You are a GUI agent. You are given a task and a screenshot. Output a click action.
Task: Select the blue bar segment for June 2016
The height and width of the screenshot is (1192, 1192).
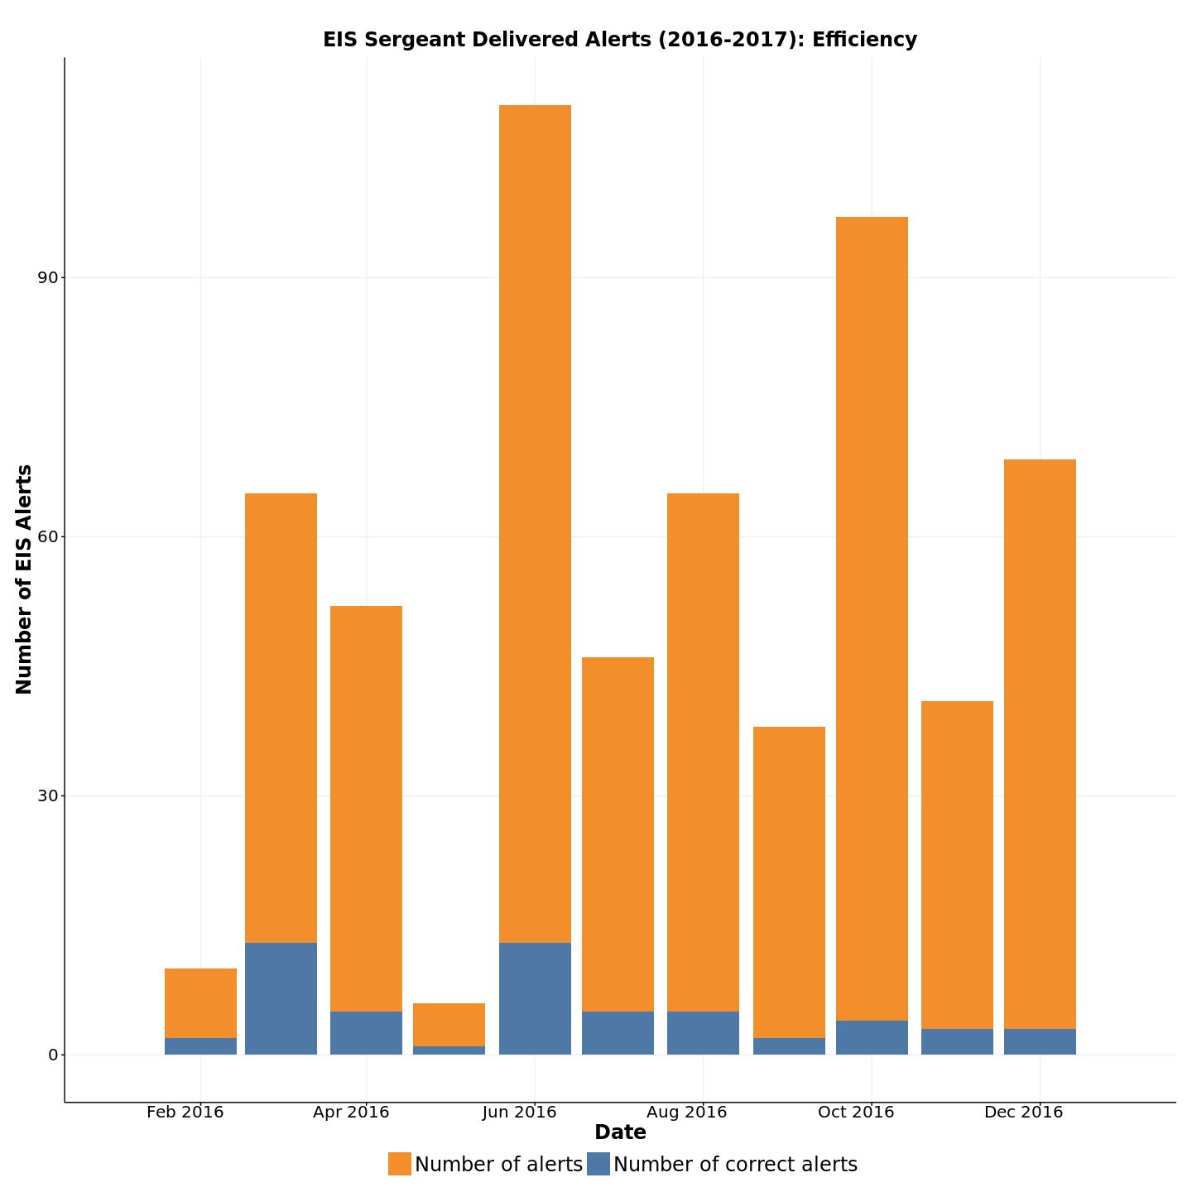coord(535,998)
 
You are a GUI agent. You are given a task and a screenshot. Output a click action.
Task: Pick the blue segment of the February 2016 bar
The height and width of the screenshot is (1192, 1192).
coord(200,1046)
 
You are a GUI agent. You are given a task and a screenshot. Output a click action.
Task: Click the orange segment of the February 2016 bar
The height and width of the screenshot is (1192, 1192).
coord(200,1003)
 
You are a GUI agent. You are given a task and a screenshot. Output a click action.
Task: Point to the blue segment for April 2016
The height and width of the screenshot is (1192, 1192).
coord(366,1033)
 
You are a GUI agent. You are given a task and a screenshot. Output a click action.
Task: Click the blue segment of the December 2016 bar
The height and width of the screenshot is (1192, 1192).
coord(1040,1041)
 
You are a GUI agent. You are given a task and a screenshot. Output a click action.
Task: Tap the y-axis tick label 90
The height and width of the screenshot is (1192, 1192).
coord(47,277)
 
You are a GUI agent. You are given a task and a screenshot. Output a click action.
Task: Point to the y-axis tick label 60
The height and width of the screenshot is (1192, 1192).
coord(47,536)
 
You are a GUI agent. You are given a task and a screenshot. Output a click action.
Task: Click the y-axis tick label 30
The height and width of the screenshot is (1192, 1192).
coord(47,795)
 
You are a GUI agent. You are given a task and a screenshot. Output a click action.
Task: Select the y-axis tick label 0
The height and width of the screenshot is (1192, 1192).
coord(53,1055)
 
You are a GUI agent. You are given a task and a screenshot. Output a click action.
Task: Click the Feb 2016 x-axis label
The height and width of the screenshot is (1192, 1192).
coord(185,1113)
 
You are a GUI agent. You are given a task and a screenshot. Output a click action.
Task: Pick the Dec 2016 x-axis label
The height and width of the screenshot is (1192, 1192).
coord(1024,1113)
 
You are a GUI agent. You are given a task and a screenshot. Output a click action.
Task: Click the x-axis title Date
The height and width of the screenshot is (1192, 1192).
coord(620,1132)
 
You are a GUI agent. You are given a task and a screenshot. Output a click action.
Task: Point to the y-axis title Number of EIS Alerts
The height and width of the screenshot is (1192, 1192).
coord(24,579)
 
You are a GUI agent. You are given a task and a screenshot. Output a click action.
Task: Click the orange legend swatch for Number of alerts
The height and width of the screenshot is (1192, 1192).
coord(400,1164)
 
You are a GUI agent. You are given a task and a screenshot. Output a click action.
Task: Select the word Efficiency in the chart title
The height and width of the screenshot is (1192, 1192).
coord(864,40)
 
